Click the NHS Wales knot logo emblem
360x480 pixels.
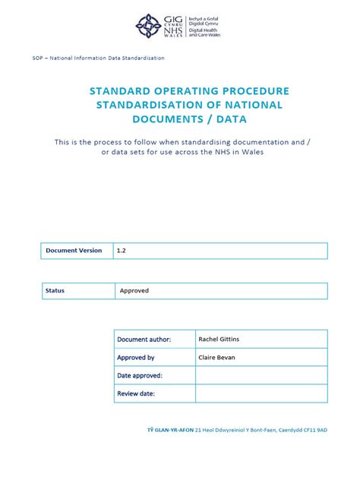148,26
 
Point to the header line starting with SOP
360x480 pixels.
99,58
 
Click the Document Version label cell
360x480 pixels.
74,251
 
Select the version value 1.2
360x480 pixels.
121,251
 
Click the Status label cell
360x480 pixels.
55,291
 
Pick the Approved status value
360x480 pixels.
134,291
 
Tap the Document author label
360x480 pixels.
144,339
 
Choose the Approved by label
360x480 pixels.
136,358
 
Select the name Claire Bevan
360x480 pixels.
217,358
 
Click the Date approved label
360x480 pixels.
140,376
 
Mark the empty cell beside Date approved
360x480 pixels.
261,376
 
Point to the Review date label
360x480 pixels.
136,394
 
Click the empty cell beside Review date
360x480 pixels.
261,394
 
